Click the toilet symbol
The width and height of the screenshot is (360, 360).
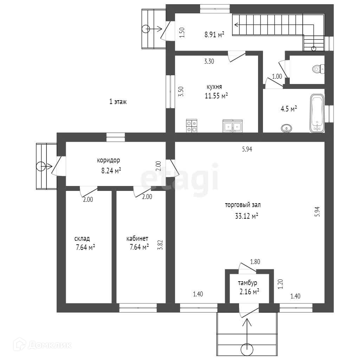pos(318,69)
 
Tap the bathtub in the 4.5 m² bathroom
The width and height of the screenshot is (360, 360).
pos(317,113)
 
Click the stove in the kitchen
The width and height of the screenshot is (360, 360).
pos(192,126)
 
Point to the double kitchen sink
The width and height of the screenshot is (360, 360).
pos(232,126)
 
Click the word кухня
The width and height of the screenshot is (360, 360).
pos(214,87)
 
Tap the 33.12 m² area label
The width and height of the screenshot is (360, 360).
pos(246,216)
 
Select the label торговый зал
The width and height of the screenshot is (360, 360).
pos(243,205)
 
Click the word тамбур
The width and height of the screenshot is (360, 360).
pos(247,283)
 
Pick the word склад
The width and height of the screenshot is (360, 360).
pos(82,239)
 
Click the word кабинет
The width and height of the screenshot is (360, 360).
pos(137,239)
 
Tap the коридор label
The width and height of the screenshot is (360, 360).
pos(109,160)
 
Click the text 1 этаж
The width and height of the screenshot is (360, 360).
pos(118,102)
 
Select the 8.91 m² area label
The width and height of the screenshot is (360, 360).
pos(214,34)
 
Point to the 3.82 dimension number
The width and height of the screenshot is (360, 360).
pos(160,244)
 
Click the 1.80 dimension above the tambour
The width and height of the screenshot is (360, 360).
pos(255,262)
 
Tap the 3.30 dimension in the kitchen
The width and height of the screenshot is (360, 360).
pos(210,61)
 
